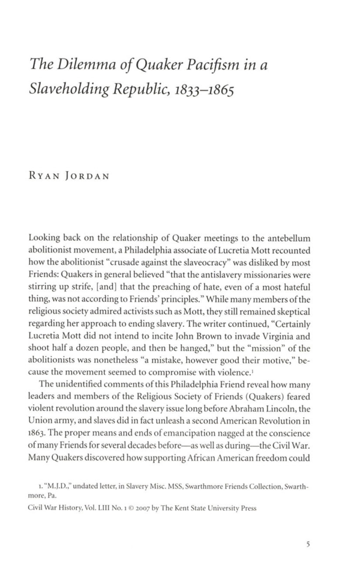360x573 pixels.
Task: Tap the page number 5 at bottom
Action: (x=308, y=545)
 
